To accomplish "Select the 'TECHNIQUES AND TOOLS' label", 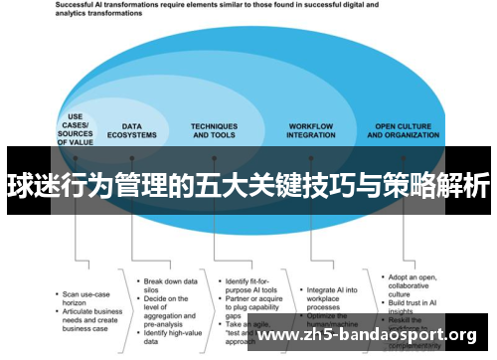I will click(215, 130).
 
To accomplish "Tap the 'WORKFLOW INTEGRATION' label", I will click(310, 130).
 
